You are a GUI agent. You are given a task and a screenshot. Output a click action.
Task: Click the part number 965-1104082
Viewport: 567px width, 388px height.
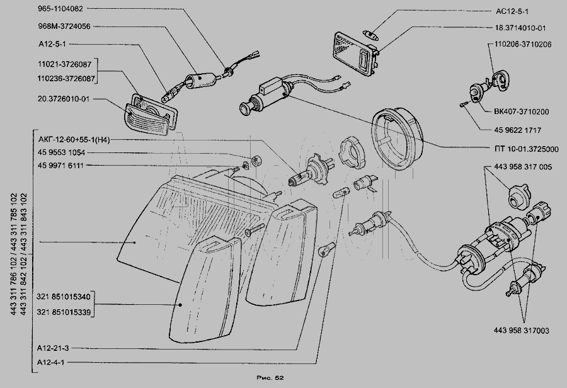click(64, 9)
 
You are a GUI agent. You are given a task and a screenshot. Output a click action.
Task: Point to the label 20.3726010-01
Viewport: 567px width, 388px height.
click(64, 99)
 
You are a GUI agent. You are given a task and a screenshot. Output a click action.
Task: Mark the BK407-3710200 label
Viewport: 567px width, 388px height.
click(517, 111)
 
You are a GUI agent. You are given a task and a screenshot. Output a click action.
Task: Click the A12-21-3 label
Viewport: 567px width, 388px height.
click(53, 348)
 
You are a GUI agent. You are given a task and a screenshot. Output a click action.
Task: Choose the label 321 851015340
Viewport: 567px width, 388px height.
click(63, 297)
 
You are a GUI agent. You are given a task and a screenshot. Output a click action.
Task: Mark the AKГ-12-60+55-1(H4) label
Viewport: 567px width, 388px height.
click(74, 140)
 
